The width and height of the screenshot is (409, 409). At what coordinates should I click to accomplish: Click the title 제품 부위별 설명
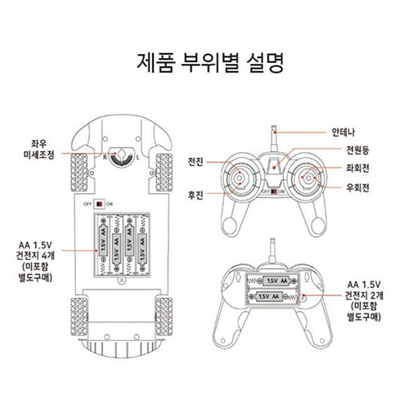pos(204,63)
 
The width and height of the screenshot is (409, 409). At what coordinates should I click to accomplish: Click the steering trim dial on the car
pos(124,153)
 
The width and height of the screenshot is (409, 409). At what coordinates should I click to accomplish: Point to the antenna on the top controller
pos(275,137)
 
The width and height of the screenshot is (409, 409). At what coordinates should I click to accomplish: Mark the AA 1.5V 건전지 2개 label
pos(363,299)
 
